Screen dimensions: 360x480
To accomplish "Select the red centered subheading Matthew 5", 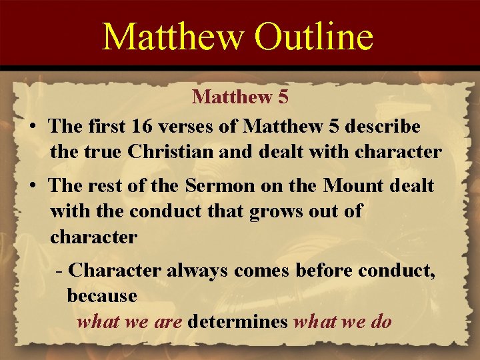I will pos(240,97).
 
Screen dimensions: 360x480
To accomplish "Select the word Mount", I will pos(354,185).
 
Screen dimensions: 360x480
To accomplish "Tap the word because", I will pos(102,294).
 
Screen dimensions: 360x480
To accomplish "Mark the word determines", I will pos(238,322).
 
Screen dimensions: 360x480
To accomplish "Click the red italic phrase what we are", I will pos(130,322).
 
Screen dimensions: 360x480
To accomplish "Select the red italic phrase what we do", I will pos(343,322).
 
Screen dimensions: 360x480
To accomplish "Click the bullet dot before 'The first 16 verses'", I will pos(32,126).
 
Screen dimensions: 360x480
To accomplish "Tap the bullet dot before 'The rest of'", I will pos(32,186).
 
